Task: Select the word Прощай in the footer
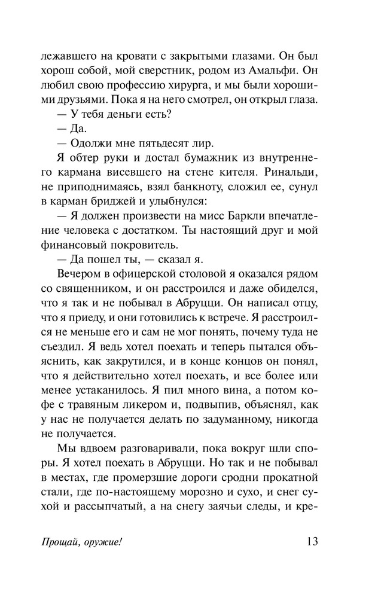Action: [61, 560]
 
